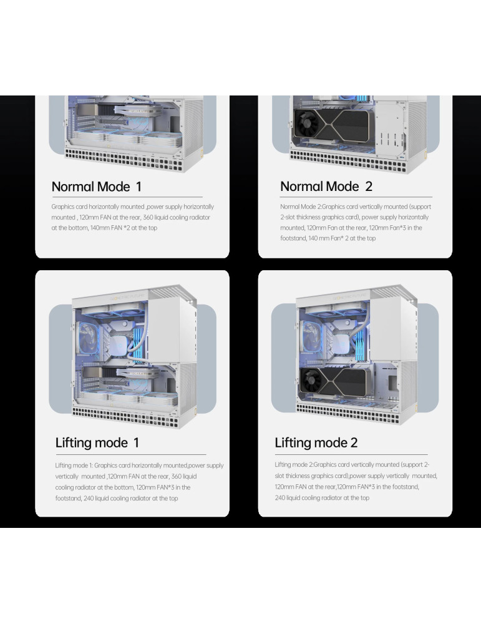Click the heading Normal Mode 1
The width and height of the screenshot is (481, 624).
tap(96, 187)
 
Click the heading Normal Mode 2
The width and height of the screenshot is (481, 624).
tap(326, 186)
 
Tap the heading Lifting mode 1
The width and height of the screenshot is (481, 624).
tap(97, 442)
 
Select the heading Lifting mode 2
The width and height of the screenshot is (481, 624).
tap(316, 442)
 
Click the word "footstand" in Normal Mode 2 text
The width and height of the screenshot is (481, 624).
tap(293, 238)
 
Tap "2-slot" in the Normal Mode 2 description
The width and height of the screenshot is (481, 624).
tap(287, 217)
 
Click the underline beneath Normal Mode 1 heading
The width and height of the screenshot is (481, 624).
tap(127, 197)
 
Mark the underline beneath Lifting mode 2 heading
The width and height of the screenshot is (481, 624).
tap(351, 454)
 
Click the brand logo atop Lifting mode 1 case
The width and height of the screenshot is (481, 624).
tap(127, 296)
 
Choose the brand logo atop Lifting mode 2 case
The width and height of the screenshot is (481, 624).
tap(351, 296)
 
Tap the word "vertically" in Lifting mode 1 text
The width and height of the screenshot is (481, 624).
tap(66, 476)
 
